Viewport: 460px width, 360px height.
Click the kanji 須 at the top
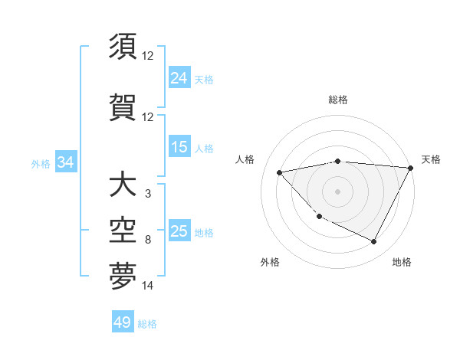(123, 47)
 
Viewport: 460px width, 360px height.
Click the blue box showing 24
(179, 78)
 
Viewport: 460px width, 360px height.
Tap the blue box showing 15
(179, 147)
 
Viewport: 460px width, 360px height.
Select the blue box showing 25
(179, 231)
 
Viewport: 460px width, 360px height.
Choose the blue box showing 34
(65, 162)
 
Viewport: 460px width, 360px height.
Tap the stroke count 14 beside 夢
(148, 286)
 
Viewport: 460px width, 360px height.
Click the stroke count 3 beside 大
(148, 194)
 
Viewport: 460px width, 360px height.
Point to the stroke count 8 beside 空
(148, 240)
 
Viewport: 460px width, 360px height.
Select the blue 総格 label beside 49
(147, 324)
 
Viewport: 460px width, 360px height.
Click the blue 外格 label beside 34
(41, 163)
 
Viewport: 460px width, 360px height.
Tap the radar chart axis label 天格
(431, 159)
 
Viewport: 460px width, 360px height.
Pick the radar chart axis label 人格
(245, 159)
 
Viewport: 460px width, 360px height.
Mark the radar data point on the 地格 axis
(374, 242)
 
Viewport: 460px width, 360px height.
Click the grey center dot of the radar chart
(338, 191)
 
